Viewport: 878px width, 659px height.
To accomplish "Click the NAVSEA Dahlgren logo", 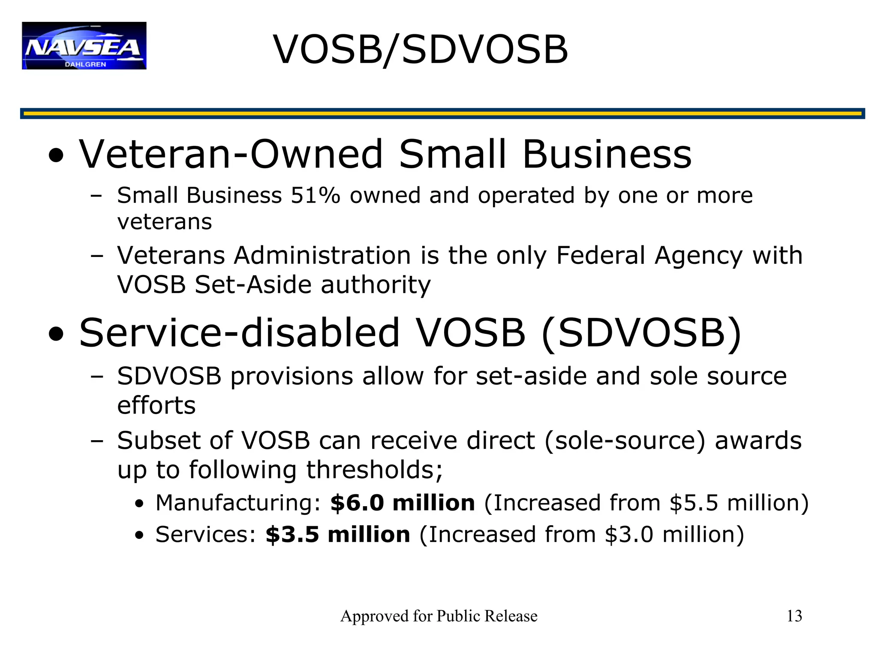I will (84, 45).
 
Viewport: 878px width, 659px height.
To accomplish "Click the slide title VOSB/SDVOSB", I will (421, 50).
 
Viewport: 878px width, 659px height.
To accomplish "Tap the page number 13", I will (794, 616).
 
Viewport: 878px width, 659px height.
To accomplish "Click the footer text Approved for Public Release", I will (439, 616).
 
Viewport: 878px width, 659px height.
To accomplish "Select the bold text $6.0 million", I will (402, 503).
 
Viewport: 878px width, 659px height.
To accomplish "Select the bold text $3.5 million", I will (337, 535).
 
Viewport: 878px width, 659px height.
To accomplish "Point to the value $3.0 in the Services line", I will (629, 535).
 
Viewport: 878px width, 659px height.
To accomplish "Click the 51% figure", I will (315, 196).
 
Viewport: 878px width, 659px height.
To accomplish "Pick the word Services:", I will (205, 535).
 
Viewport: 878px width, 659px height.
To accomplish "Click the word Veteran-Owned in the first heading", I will (231, 154).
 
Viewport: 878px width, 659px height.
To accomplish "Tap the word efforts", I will (156, 405).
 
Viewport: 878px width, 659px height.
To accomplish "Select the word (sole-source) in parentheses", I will (625, 441).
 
